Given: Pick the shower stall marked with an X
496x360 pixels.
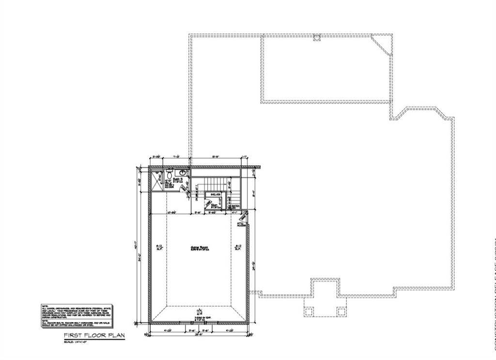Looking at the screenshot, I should (x=157, y=180).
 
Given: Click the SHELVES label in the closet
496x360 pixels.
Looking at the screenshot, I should (x=216, y=194).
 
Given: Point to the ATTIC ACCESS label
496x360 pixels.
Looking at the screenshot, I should (x=241, y=223).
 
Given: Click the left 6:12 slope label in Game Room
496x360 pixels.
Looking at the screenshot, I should (x=159, y=247).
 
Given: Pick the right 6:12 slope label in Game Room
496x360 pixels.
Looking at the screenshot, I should (x=238, y=247).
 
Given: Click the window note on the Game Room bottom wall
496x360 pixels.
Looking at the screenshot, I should (x=199, y=317).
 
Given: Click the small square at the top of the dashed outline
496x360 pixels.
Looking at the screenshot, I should (x=316, y=37).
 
